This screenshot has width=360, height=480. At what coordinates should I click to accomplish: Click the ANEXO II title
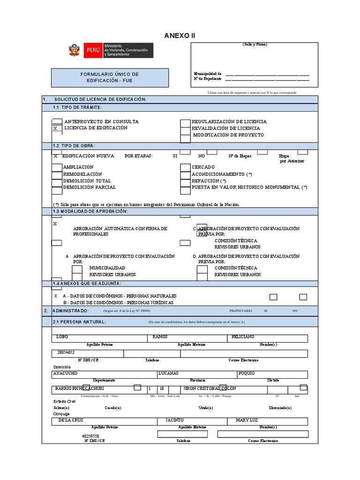(x=180, y=36)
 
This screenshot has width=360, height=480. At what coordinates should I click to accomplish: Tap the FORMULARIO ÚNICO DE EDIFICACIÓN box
(x=110, y=77)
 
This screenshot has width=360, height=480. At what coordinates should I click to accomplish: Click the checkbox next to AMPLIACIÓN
(x=56, y=167)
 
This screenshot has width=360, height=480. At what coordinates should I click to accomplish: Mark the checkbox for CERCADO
(x=185, y=167)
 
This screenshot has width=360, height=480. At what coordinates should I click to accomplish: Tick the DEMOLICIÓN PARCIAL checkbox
(x=56, y=187)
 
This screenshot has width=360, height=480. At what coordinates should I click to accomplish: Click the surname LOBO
(x=62, y=337)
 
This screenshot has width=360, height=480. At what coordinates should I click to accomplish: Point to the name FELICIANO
(x=242, y=337)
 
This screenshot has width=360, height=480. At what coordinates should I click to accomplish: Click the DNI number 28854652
(x=66, y=352)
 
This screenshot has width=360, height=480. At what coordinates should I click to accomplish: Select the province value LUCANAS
(x=169, y=373)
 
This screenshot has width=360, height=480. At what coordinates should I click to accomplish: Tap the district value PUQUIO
(x=247, y=373)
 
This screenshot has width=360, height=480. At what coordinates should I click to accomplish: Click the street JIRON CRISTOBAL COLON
(x=210, y=389)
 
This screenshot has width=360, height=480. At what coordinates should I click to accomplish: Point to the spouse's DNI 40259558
(x=91, y=435)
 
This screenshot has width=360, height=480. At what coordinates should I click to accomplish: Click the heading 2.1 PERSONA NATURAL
(x=79, y=322)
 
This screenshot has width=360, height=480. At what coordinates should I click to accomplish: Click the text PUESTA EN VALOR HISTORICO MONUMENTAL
(x=246, y=187)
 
